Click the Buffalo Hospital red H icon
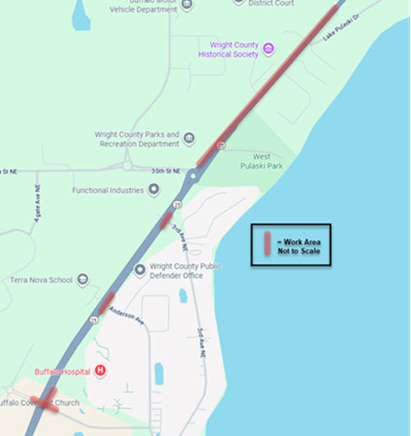pyautogui.click(x=100, y=371)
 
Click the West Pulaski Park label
pyautogui.click(x=261, y=160)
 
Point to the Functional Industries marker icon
pyautogui.click(x=153, y=190)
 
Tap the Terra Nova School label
pyautogui.click(x=39, y=280)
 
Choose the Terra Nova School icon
pyautogui.click(x=79, y=280)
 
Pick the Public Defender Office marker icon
pyautogui.click(x=138, y=268)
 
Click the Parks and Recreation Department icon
pyautogui.click(x=189, y=138)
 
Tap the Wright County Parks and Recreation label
pyautogui.click(x=136, y=138)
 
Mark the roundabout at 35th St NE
pyautogui.click(x=192, y=175)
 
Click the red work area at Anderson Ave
pyautogui.click(x=106, y=303)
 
